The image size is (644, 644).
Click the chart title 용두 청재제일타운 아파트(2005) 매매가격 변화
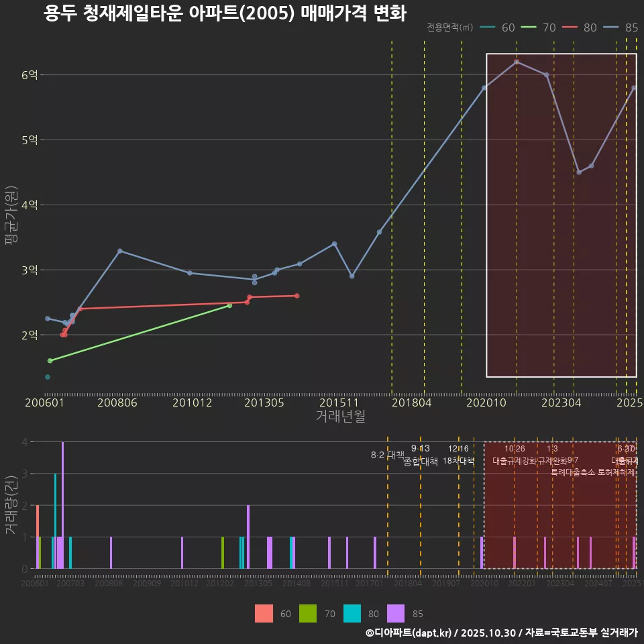225,13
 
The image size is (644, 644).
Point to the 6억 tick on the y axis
29,75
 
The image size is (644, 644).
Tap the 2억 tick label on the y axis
29,335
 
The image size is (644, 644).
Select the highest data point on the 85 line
517,62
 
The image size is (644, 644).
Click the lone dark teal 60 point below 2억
48,377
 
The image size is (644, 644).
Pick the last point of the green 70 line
229,306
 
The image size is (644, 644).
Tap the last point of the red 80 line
297,296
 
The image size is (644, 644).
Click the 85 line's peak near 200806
120,251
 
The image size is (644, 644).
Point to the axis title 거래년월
340,417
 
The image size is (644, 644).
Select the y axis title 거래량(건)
11,505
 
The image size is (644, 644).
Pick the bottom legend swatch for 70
307,613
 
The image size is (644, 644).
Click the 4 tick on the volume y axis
24,442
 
